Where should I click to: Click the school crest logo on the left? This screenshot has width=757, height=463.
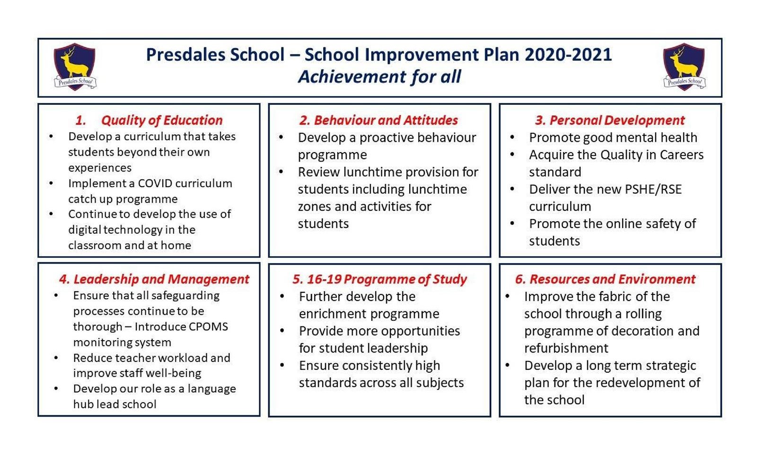click(75, 67)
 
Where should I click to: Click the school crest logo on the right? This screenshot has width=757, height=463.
click(684, 67)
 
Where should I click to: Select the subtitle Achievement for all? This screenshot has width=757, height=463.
click(379, 77)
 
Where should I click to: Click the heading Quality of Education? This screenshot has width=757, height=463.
click(162, 120)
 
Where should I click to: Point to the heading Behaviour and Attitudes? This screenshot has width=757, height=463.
click(386, 120)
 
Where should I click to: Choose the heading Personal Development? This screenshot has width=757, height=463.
click(616, 120)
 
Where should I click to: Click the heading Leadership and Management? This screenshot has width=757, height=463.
click(161, 279)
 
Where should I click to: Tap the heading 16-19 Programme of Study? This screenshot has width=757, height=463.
click(387, 279)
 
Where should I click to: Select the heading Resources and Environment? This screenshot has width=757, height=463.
click(612, 279)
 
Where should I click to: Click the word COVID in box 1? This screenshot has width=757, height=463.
click(158, 183)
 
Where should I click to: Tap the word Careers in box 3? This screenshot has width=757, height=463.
click(681, 155)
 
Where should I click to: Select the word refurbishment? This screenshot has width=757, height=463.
click(566, 348)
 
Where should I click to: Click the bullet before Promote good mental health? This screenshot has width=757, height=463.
click(512, 137)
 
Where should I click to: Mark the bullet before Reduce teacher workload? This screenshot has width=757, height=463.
click(56, 358)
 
